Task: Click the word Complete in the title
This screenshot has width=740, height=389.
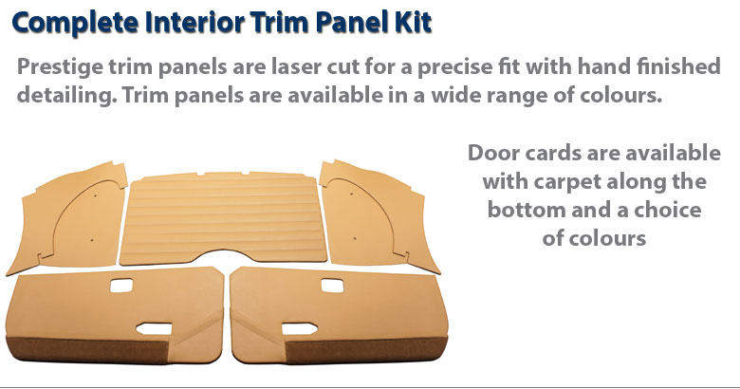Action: click(x=76, y=23)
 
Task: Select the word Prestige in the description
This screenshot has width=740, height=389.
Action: click(x=60, y=67)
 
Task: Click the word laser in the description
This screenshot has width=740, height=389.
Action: click(x=292, y=66)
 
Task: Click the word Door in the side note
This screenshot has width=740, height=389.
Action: click(x=493, y=153)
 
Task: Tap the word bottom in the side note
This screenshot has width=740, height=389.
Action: click(x=527, y=210)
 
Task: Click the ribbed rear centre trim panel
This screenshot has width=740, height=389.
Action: click(x=223, y=218)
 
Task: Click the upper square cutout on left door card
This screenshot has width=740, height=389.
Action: click(x=121, y=286)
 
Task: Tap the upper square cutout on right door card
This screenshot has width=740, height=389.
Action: click(x=332, y=286)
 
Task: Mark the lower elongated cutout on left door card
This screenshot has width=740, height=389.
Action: click(x=154, y=328)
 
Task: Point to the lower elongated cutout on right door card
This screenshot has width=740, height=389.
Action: click(x=300, y=328)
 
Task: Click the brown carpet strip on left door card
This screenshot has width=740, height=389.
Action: click(x=87, y=349)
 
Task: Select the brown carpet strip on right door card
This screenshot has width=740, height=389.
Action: click(x=366, y=349)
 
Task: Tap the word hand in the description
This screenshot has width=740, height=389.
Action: click(x=603, y=66)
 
